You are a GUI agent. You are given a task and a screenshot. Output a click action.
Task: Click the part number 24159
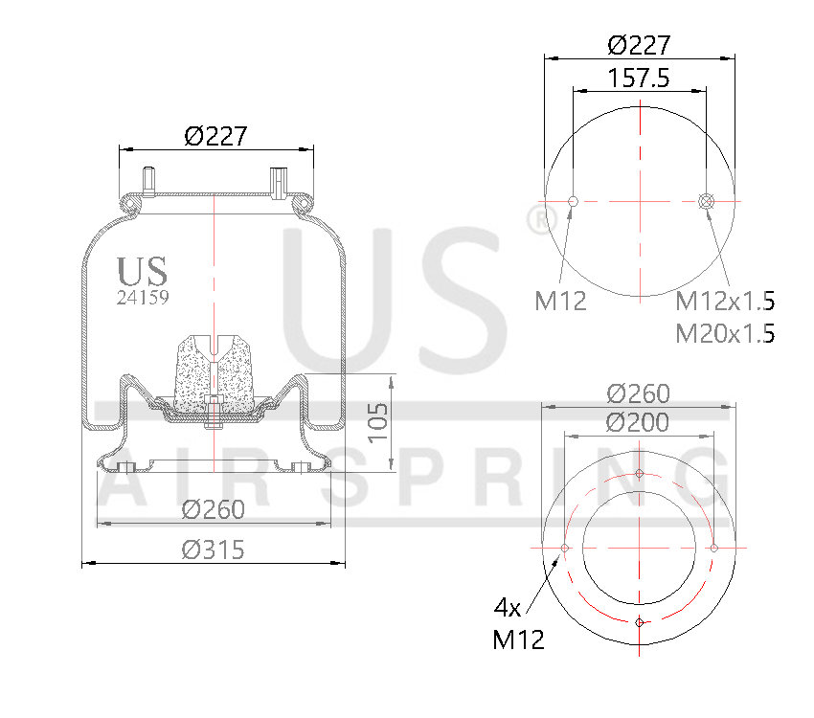pos(143,298)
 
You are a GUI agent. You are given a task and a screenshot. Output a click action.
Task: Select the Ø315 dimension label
pos(213,550)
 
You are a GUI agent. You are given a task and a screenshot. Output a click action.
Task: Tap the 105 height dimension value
pos(378,422)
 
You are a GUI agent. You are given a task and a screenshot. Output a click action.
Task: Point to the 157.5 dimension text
pos(639,79)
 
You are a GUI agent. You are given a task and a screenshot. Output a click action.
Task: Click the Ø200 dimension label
pos(639,421)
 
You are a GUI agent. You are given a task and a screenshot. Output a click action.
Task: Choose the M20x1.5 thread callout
pos(725,333)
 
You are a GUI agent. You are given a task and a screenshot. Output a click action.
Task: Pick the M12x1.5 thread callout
pos(725,302)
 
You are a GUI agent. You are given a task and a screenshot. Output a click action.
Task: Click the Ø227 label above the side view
pos(215,137)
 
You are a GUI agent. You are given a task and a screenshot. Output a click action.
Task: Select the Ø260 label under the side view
pos(213,510)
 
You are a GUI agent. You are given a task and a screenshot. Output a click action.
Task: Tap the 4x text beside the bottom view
pos(507,607)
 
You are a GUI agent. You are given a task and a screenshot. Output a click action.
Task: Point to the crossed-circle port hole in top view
pos(707,201)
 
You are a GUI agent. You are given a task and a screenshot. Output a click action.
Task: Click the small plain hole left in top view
pos(573,201)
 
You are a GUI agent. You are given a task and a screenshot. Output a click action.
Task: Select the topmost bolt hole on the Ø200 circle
pos(639,474)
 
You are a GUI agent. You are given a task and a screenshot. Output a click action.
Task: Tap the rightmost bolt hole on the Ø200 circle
pos(713,548)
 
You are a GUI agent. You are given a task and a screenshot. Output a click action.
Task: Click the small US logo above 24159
pos(142,271)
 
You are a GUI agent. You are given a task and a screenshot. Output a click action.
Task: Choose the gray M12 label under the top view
pos(560,302)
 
